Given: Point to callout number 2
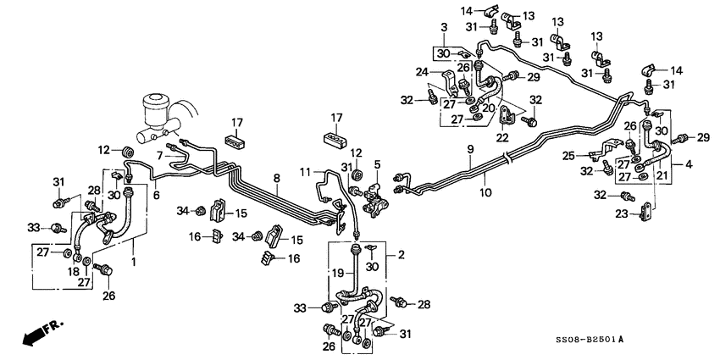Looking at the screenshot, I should point(401,254).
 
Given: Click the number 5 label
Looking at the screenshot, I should point(377,164).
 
